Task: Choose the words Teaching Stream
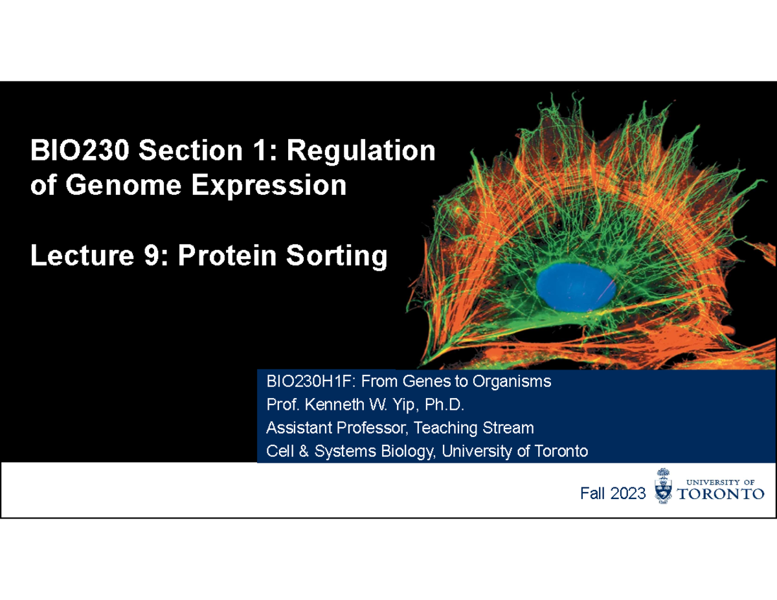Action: click(x=474, y=428)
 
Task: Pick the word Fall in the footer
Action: click(x=592, y=494)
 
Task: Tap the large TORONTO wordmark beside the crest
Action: click(x=720, y=494)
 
